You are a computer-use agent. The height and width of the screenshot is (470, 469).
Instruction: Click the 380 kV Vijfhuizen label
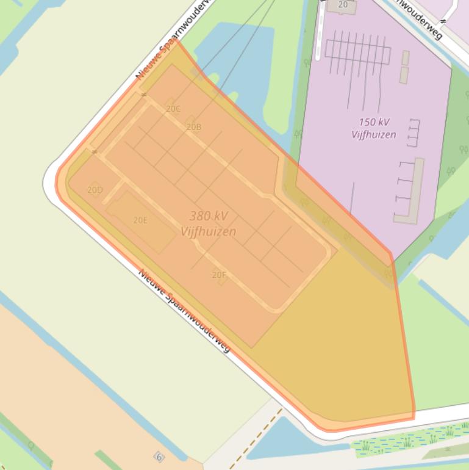(x=209, y=223)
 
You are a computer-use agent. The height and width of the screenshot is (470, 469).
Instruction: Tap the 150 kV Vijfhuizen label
(x=374, y=128)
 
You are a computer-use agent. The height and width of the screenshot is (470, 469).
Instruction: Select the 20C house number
(x=173, y=109)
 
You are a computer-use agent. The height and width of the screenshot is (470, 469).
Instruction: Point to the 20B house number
(x=193, y=127)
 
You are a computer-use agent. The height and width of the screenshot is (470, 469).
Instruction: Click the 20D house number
(x=95, y=190)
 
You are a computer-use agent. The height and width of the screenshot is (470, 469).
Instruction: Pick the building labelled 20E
(x=141, y=220)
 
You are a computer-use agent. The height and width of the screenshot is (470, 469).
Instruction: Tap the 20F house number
(x=219, y=275)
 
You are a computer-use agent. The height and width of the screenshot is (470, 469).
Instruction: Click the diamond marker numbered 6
(x=159, y=457)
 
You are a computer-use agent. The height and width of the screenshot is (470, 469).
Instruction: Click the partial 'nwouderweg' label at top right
(x=418, y=18)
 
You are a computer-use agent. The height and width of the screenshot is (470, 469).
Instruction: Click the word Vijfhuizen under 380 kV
(x=209, y=231)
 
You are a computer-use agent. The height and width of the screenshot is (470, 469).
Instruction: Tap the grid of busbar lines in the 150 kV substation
(x=357, y=52)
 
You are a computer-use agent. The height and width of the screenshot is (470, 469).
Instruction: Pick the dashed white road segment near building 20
(x=319, y=37)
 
